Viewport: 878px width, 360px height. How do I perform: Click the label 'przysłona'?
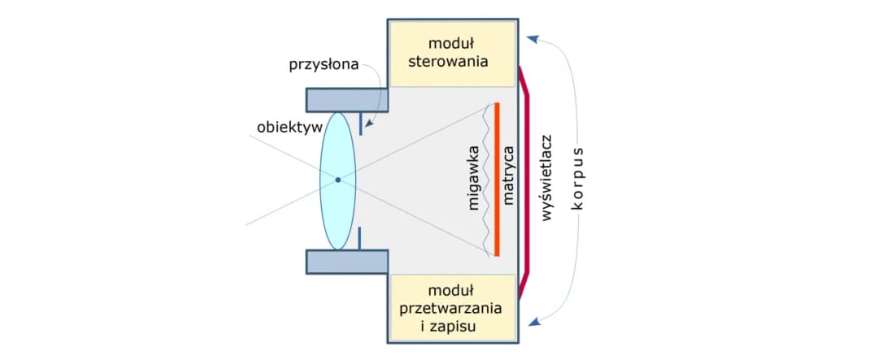(324, 64)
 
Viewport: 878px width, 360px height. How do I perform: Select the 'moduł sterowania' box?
(452, 51)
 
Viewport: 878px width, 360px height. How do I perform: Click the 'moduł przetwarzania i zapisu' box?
(452, 308)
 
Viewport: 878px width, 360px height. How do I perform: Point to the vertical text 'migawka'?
(474, 180)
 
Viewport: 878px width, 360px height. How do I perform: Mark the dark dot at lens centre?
(337, 180)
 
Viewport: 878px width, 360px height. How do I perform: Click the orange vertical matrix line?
(496, 180)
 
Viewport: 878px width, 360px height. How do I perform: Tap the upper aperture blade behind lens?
(359, 124)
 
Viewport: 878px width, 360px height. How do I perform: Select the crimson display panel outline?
(528, 180)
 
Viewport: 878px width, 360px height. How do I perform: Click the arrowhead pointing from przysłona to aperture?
(368, 124)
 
